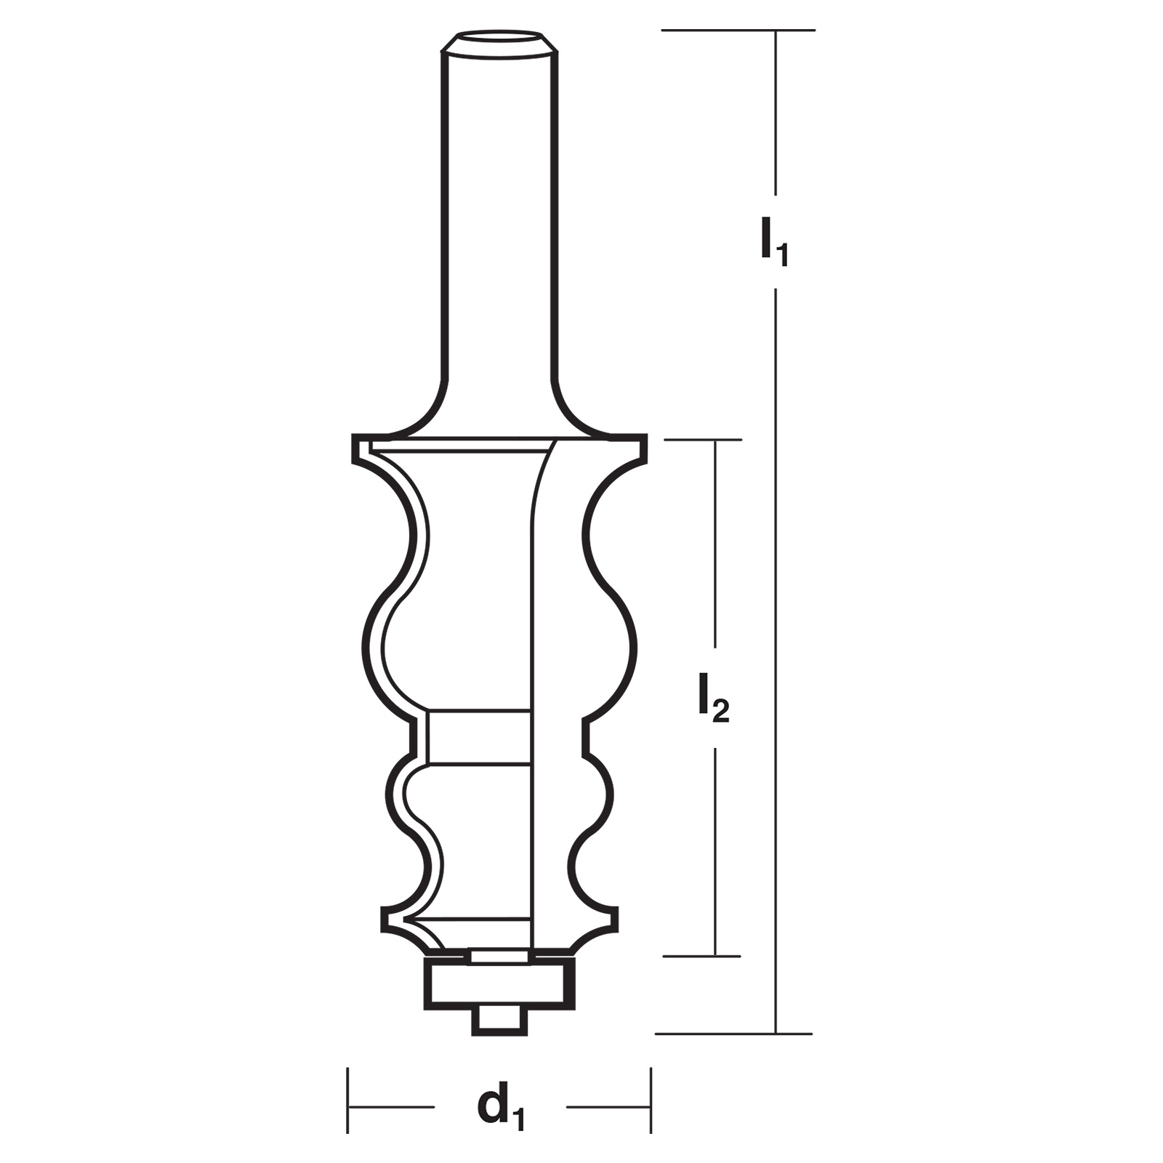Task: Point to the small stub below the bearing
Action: click(500, 1021)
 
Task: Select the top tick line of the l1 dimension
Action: click(738, 30)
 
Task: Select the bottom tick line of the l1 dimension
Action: click(734, 1033)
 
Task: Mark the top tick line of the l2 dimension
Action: click(703, 439)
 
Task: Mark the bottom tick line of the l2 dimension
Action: click(701, 956)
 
